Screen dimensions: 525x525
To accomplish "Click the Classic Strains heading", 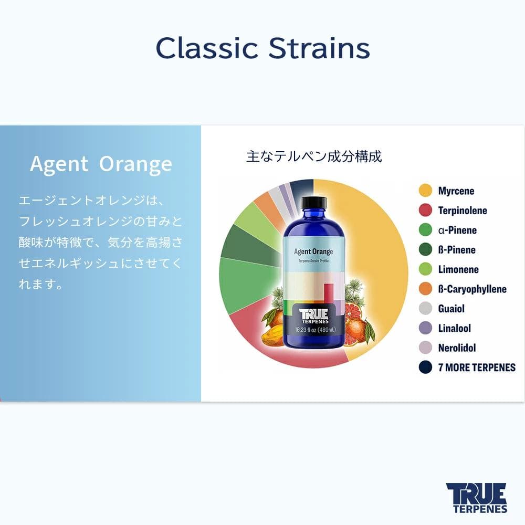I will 262,48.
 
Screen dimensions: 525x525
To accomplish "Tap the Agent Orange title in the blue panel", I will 101,164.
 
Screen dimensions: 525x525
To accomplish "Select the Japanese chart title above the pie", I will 314,156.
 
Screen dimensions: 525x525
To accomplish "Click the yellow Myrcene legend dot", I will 425,191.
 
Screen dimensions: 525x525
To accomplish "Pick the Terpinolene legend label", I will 463,211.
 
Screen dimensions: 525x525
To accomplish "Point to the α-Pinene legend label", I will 457,230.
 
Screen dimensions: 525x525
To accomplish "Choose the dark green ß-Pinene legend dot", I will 425,250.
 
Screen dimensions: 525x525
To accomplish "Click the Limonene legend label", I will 458,269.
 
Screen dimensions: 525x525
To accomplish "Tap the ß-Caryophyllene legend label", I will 472,289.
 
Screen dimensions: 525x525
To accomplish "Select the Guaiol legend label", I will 451,308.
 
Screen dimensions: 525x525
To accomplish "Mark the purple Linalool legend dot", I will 425,328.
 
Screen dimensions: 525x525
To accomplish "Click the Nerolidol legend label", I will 457,348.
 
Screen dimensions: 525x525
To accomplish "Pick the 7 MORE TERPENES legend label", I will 477,367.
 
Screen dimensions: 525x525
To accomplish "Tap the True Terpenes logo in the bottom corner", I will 476,497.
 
